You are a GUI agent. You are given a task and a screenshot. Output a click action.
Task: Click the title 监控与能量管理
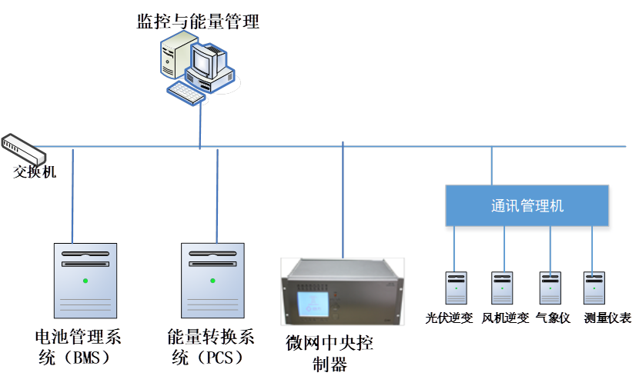click(x=198, y=21)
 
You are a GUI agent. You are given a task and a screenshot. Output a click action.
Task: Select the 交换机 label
click(x=35, y=171)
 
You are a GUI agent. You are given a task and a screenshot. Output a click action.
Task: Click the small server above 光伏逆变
click(x=456, y=288)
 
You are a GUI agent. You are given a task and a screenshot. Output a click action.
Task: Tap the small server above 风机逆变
click(x=502, y=288)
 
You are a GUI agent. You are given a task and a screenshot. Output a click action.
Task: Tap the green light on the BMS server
click(x=85, y=280)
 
